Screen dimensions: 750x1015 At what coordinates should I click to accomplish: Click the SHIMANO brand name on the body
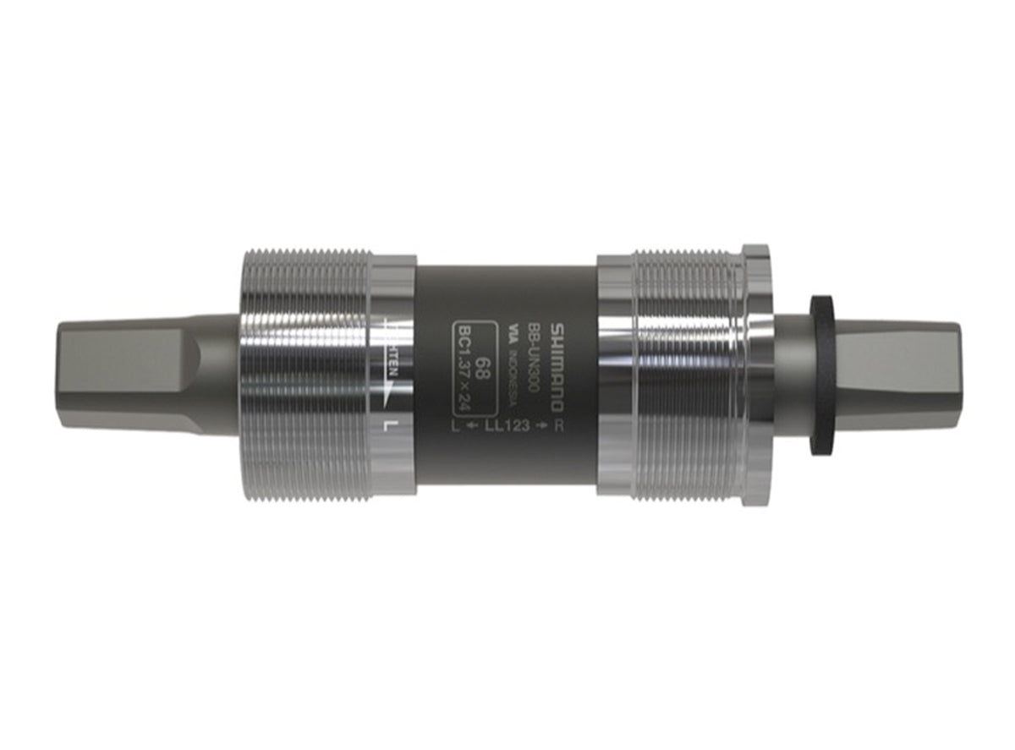click(557, 365)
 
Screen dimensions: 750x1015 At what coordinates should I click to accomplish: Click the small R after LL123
click(557, 426)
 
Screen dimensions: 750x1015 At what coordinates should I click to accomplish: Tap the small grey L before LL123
click(458, 426)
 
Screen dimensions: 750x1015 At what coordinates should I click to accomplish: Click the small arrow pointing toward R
click(540, 426)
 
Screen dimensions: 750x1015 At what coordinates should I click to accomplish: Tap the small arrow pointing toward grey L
click(471, 426)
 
